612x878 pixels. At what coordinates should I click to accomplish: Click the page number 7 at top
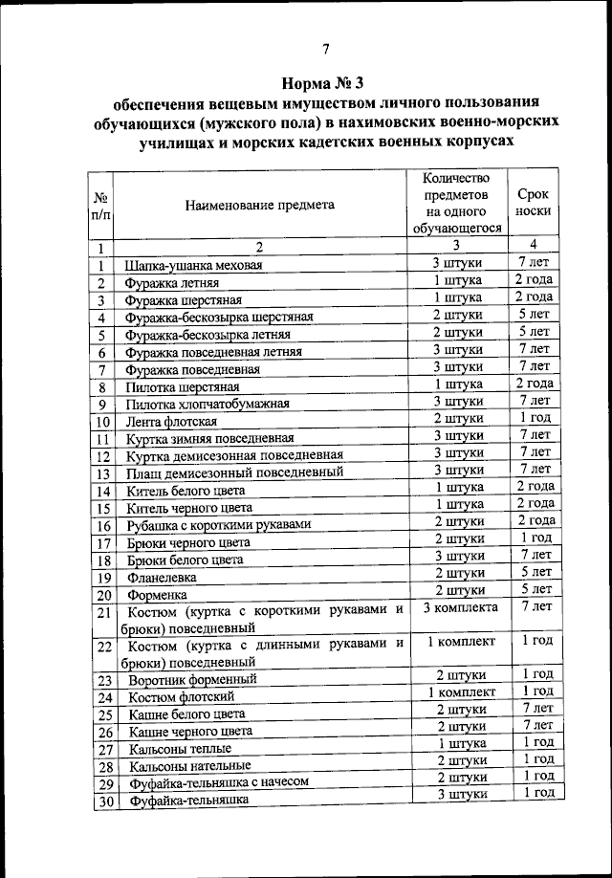[x=324, y=50]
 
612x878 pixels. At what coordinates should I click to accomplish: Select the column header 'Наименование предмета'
[x=260, y=205]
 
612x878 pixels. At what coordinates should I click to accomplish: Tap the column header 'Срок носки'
[x=533, y=203]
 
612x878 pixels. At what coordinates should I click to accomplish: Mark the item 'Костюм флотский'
[x=180, y=697]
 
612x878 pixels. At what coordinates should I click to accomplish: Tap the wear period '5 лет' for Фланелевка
[x=533, y=573]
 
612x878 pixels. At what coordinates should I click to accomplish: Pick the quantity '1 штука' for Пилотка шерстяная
[x=459, y=384]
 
